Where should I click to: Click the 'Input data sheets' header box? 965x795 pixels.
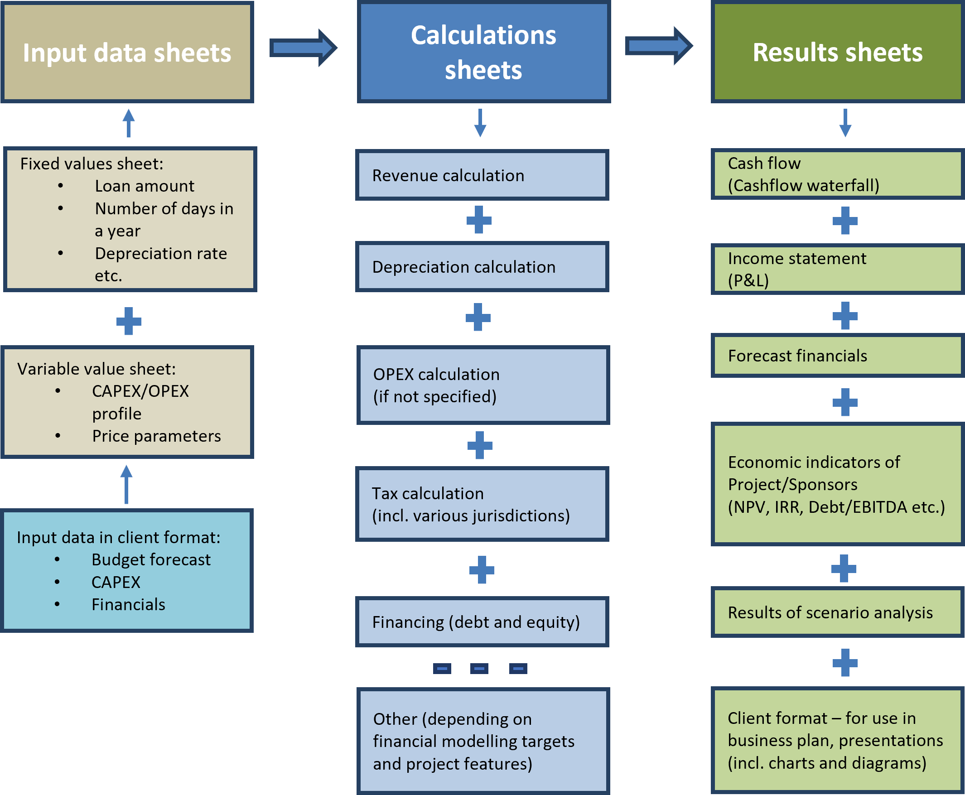coord(127,52)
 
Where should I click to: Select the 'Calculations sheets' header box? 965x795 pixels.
coord(483,52)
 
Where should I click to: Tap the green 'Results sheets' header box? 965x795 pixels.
coord(837,52)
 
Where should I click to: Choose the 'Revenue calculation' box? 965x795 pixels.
coord(482,175)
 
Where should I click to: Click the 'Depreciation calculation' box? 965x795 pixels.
coord(482,267)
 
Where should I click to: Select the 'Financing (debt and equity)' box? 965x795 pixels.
coord(482,622)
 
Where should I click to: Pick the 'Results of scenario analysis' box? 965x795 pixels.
coord(837,613)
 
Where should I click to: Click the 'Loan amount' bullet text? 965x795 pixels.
coord(144,186)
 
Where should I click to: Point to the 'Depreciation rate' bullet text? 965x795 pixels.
coord(161,254)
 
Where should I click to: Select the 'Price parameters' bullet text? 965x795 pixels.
coord(156,436)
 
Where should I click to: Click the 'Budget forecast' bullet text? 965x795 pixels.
coord(151,560)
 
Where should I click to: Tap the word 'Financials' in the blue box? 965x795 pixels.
coord(128,605)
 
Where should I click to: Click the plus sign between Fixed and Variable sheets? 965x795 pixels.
coord(129,321)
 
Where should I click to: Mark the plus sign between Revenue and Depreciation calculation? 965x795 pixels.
coord(479,220)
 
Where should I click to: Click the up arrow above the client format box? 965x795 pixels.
coord(126,485)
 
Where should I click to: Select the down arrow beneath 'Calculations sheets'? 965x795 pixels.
coord(480,123)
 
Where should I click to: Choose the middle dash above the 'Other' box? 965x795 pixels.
coord(479,669)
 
